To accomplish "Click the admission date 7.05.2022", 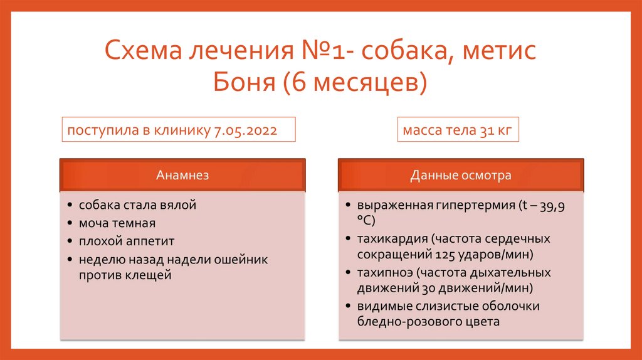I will pos(246,131).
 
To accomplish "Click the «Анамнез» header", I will pos(182,176).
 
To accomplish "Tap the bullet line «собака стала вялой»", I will pos(138,205).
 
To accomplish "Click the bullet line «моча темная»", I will pos(117,223).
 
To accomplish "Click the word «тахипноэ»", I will pos(384,273).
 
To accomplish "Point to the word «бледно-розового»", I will pos(399,322).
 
